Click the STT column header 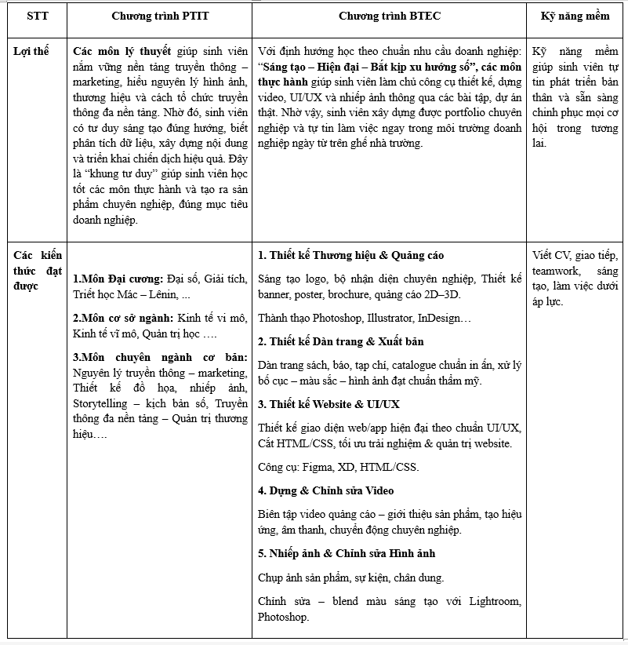[37, 16]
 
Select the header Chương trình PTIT [160, 16]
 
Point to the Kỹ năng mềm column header [575, 16]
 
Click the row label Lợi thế [31, 51]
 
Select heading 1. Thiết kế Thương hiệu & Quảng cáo [350, 255]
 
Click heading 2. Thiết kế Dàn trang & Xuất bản [340, 341]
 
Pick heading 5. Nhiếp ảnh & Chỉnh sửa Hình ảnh [347, 553]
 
